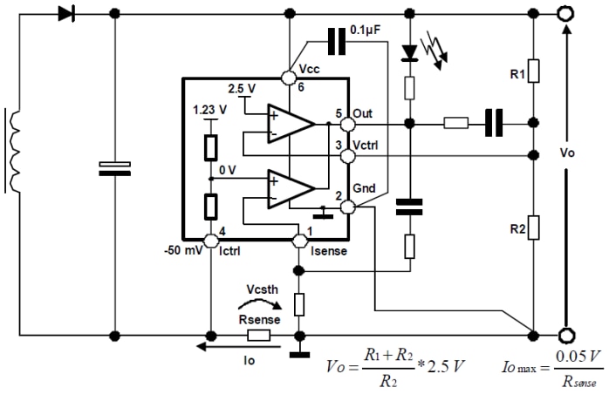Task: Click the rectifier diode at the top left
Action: click(x=64, y=14)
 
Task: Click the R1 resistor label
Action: click(x=515, y=76)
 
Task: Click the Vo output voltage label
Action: click(x=568, y=151)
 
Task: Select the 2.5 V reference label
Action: click(x=242, y=89)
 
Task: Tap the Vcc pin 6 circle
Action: click(x=289, y=78)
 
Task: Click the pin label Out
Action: click(x=362, y=114)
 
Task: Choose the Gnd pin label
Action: click(x=366, y=191)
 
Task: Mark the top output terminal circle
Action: click(x=566, y=14)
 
